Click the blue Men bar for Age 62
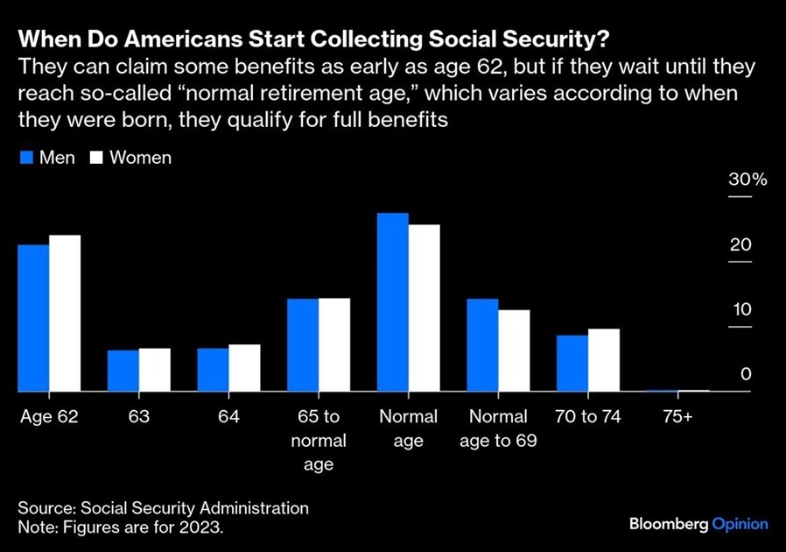pyautogui.click(x=33, y=318)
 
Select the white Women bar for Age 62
pyautogui.click(x=65, y=313)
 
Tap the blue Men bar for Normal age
pyautogui.click(x=392, y=302)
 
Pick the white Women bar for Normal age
pyautogui.click(x=425, y=308)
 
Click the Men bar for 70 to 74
pyautogui.click(x=572, y=364)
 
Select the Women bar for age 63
pyautogui.click(x=154, y=370)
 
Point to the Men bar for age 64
pyautogui.click(x=213, y=370)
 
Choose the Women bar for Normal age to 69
pyautogui.click(x=514, y=350)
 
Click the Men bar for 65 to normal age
pyautogui.click(x=303, y=344)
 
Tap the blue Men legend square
pyautogui.click(x=26, y=158)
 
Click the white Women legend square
pyautogui.click(x=96, y=158)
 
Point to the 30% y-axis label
pyautogui.click(x=747, y=179)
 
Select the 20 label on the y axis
pyautogui.click(x=740, y=244)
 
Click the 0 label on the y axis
pyautogui.click(x=746, y=374)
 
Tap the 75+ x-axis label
pyautogui.click(x=677, y=416)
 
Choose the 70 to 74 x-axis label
pyautogui.click(x=587, y=416)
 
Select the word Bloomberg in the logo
pyautogui.click(x=669, y=524)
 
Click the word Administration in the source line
pyautogui.click(x=254, y=508)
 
